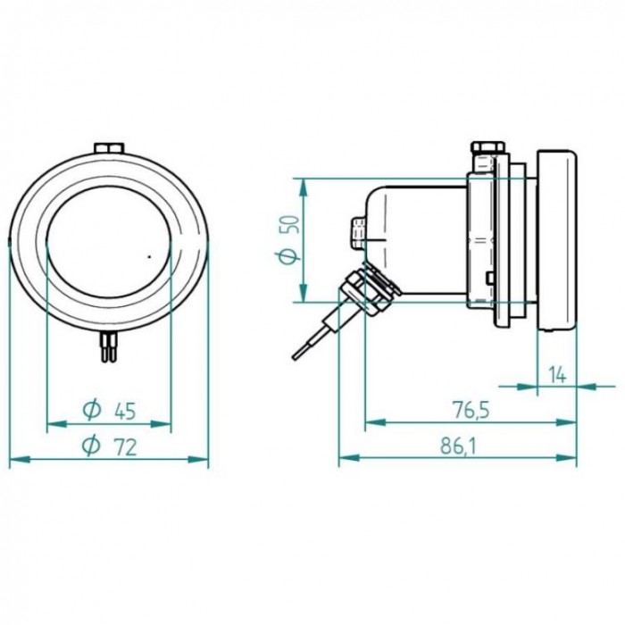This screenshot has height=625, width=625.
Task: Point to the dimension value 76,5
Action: point(471,411)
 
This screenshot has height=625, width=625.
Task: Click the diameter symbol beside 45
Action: point(91,411)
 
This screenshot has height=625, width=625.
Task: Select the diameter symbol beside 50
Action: point(287,256)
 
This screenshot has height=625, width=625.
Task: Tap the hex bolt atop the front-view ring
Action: point(108,147)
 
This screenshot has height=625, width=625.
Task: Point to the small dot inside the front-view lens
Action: point(148,255)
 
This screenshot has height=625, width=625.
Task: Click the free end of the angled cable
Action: point(296,358)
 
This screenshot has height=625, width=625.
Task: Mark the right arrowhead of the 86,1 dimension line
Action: point(572,460)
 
